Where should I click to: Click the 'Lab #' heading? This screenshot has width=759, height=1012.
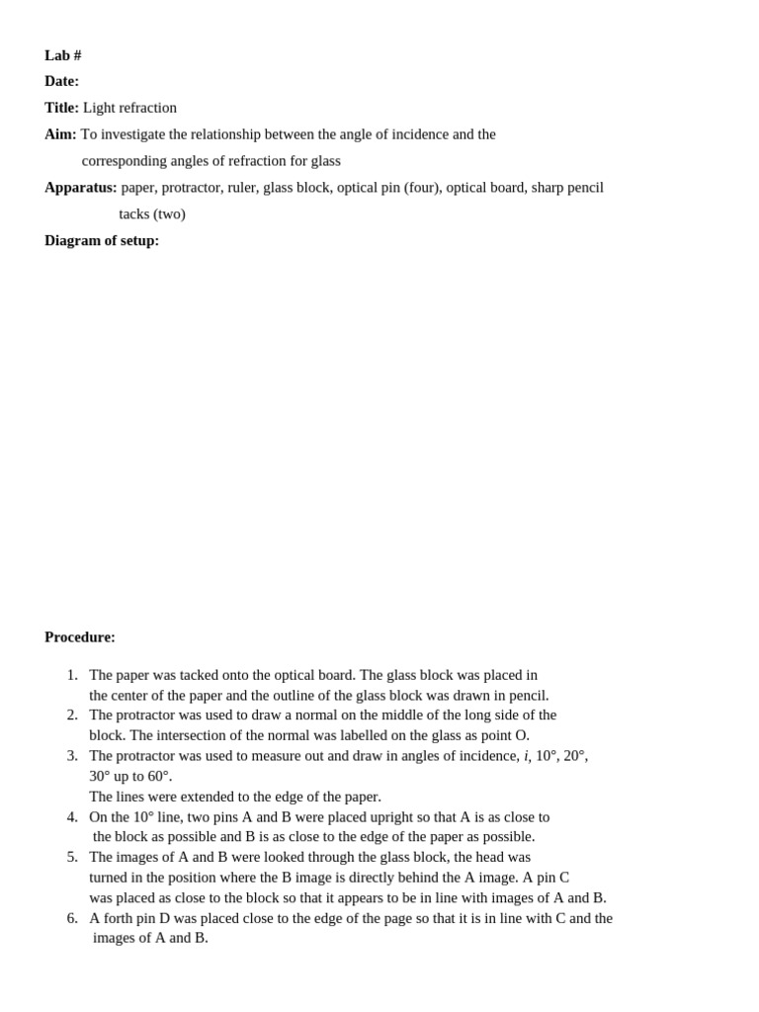(62, 55)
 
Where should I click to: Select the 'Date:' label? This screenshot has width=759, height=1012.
(61, 81)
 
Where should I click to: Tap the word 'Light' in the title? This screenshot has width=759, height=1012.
(100, 108)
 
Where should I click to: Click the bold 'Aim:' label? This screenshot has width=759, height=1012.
(60, 134)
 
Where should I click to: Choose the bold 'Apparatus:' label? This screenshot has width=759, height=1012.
(80, 188)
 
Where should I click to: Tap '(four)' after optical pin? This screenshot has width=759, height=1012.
(422, 188)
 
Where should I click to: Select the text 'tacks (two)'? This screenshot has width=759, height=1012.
(152, 214)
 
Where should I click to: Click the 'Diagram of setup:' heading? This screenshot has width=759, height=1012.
(102, 241)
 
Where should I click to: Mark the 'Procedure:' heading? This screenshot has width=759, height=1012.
(80, 637)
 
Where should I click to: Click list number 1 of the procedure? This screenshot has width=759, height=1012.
(72, 675)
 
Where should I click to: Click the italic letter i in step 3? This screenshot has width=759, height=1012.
(526, 756)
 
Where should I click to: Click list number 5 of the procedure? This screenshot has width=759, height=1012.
(72, 857)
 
